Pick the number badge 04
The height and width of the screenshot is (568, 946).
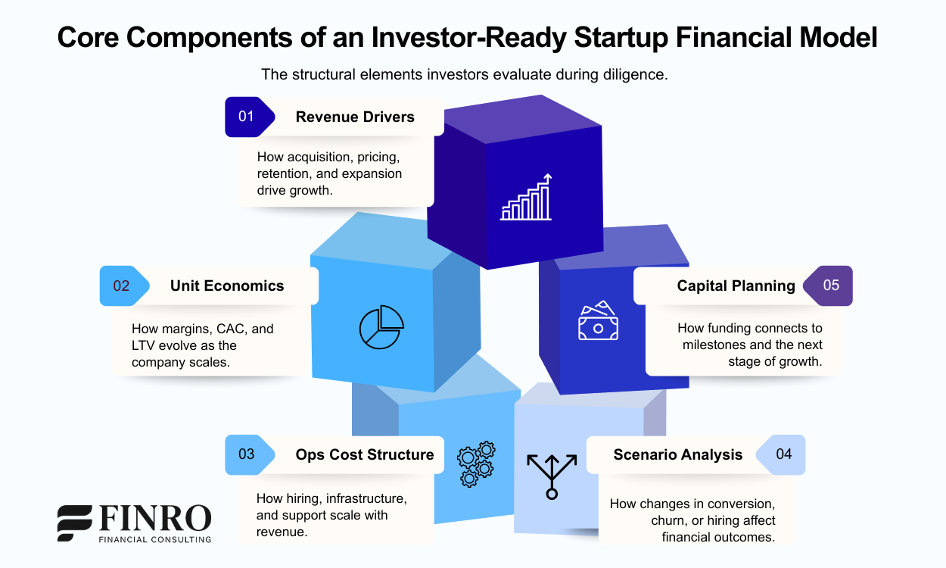pyautogui.click(x=783, y=454)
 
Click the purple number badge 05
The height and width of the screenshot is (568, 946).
pyautogui.click(x=830, y=286)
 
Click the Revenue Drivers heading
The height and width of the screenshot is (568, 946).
pyautogui.click(x=355, y=117)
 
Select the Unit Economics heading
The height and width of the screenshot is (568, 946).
pyautogui.click(x=227, y=286)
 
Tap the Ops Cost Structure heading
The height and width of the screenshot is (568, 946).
pyautogui.click(x=365, y=454)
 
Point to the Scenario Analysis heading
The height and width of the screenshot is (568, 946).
pyautogui.click(x=677, y=454)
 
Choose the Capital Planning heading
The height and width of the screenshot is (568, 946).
pyautogui.click(x=736, y=286)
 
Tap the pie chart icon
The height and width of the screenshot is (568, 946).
pyautogui.click(x=381, y=326)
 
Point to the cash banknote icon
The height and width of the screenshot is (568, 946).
pyautogui.click(x=598, y=321)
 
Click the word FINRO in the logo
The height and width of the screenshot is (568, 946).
pyautogui.click(x=155, y=519)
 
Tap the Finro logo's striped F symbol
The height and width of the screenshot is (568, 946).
pyautogui.click(x=75, y=523)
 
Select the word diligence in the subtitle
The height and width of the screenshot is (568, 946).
pyautogui.click(x=635, y=75)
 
